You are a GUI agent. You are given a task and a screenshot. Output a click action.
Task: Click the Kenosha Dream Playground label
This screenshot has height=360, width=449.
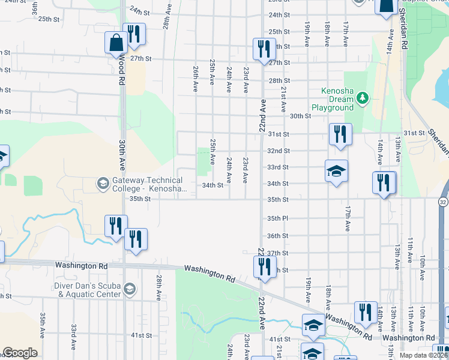pos(337,99)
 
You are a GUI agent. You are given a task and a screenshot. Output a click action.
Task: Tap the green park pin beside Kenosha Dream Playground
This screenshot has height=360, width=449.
pos(362,98)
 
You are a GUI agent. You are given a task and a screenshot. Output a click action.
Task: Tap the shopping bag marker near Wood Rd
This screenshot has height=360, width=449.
pos(115,44)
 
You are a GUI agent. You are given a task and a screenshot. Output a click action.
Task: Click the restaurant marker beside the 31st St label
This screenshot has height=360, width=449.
pos(340,136)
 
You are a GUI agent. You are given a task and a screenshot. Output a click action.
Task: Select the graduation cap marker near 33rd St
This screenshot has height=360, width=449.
pos(336,172)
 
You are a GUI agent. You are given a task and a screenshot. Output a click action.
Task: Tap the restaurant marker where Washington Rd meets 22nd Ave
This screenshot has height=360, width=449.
pos(262,268)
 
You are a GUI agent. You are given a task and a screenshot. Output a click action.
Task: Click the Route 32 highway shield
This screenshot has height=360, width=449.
pos(443,201)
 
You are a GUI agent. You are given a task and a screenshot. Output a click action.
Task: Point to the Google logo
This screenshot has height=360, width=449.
pos(20,353)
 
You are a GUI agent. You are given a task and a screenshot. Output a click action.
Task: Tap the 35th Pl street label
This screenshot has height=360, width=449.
pos(279,218)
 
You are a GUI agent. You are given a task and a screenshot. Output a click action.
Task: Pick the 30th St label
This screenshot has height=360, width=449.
pos(300,116)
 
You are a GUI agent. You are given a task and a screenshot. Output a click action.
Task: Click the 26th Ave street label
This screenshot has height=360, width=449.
pos(196,79)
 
